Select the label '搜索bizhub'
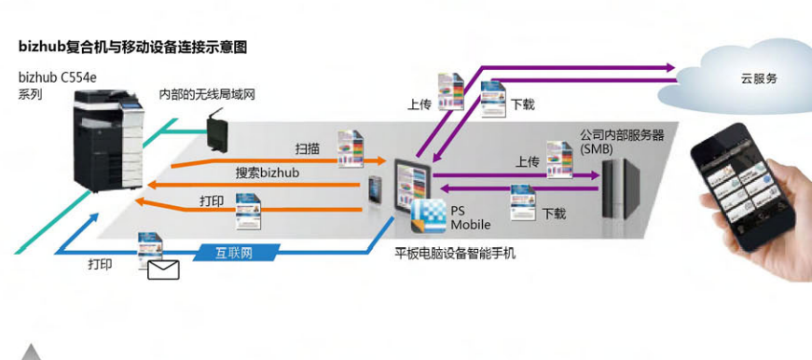[x=264, y=174]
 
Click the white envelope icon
[x=163, y=270]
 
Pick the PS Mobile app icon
[x=428, y=217]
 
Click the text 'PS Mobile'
[x=471, y=218]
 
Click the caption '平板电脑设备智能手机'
[x=455, y=253]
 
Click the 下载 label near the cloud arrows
[x=523, y=104]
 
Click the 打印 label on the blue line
[x=100, y=265]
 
